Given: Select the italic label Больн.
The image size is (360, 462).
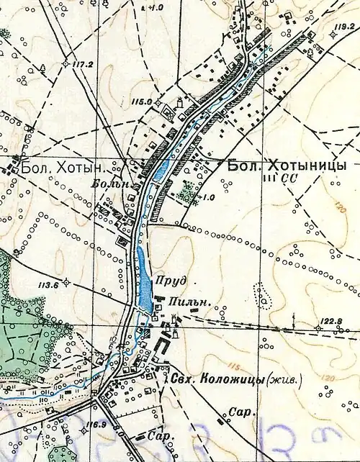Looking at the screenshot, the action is tap(107, 185).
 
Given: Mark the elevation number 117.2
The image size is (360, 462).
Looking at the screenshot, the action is tap(84, 64).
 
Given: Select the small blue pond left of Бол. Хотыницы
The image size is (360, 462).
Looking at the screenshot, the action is tap(161, 170).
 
